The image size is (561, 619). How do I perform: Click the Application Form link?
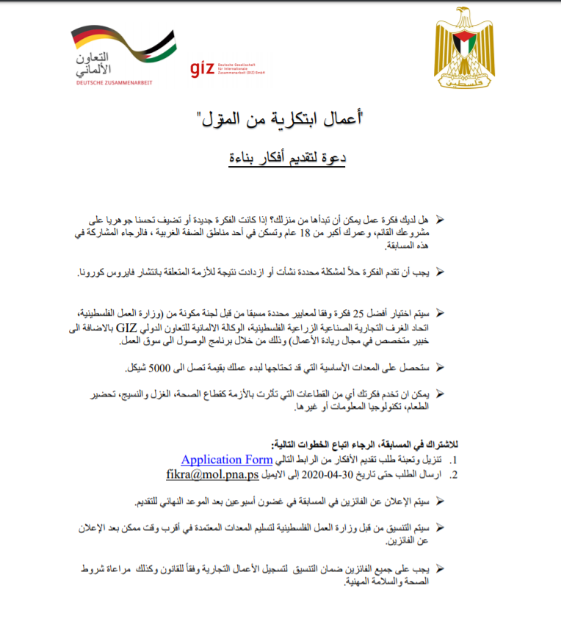point(227,460)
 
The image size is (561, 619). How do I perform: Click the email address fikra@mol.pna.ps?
point(211,474)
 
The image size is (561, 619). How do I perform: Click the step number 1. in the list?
point(453,460)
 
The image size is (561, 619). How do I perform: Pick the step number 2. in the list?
point(453,475)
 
